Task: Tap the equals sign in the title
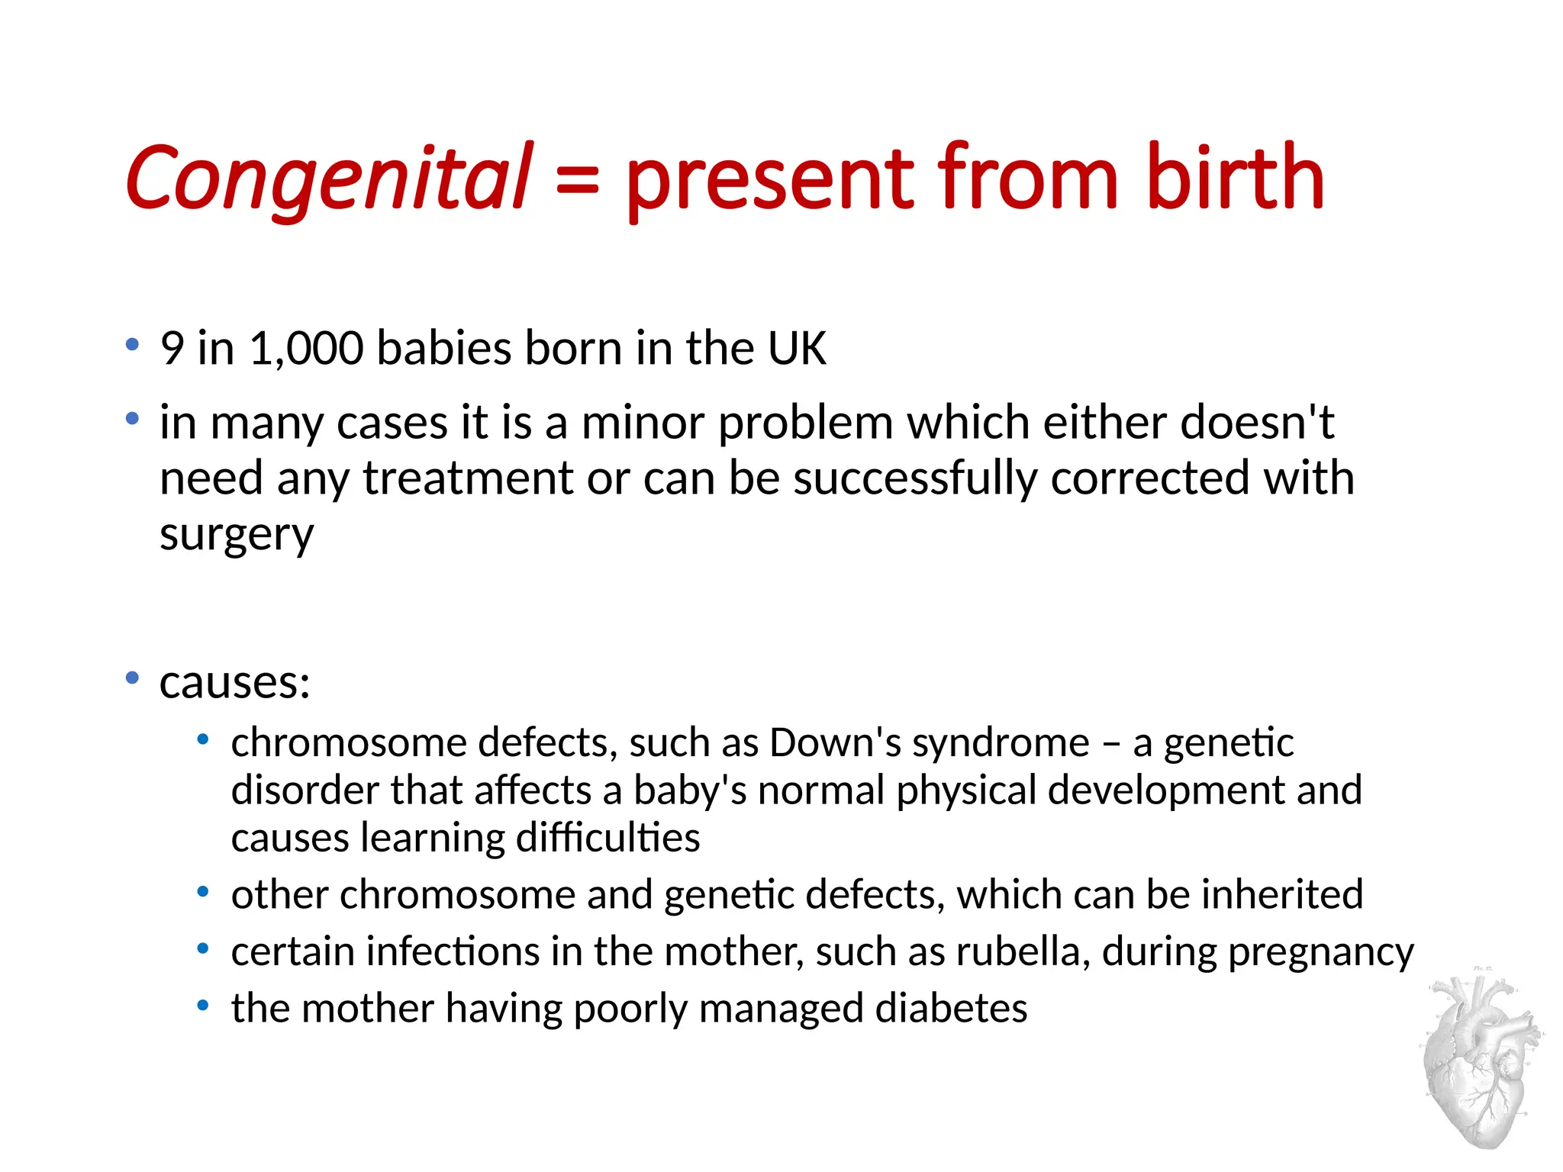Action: click(577, 182)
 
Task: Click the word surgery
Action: click(237, 534)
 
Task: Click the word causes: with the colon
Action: click(235, 682)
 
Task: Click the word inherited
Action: click(1281, 894)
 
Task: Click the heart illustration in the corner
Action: click(1481, 1061)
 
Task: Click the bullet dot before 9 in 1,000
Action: click(133, 344)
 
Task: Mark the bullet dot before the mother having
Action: click(202, 1006)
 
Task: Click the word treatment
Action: click(468, 478)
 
